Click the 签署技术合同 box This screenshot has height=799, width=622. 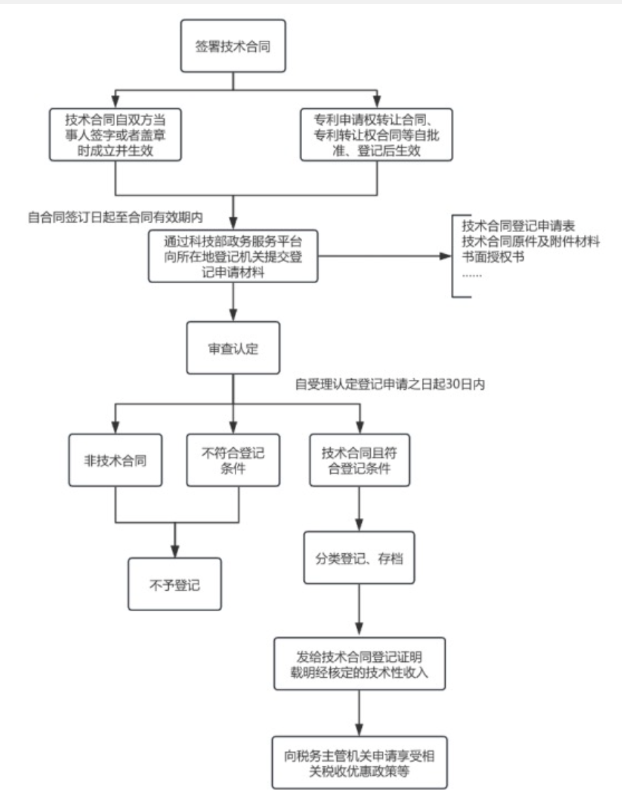tap(233, 46)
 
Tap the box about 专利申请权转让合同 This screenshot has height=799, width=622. tap(376, 134)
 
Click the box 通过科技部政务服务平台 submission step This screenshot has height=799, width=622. tap(233, 257)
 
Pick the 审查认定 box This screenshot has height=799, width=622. tap(233, 348)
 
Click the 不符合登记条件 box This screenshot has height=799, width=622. tap(233, 460)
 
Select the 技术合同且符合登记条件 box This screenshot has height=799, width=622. tap(359, 460)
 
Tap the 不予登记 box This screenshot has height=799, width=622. tap(175, 584)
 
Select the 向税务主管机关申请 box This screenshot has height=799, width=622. tap(359, 762)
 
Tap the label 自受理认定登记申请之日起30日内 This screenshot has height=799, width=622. tap(389, 385)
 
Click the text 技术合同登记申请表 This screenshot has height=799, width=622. tap(519, 227)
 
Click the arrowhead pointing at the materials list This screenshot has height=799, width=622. tap(445, 257)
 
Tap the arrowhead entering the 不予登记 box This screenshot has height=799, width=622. tap(175, 552)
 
